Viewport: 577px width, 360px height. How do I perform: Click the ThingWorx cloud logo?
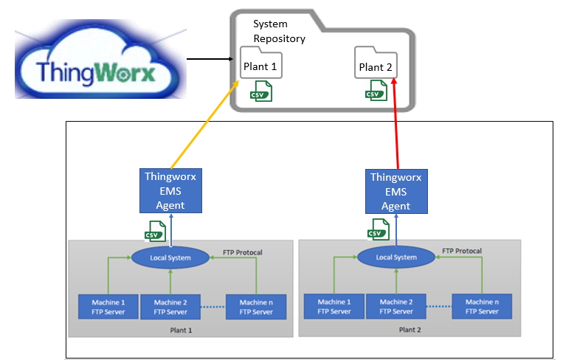(x=100, y=62)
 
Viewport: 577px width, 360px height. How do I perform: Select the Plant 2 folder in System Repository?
(x=376, y=65)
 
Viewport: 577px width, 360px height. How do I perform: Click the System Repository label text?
(x=279, y=32)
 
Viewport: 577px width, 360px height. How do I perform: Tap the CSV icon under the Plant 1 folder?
(x=261, y=91)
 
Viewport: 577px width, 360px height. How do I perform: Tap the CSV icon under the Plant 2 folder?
(x=376, y=91)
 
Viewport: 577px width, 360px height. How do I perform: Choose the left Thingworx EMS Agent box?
(x=170, y=190)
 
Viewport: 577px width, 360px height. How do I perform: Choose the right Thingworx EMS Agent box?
(x=395, y=190)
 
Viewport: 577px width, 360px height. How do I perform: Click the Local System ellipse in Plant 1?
(x=170, y=257)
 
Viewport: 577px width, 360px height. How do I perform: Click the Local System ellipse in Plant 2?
(x=396, y=257)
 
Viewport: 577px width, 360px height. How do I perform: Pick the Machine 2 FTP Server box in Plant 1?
(x=170, y=307)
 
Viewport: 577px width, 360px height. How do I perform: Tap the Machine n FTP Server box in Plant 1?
(x=255, y=307)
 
